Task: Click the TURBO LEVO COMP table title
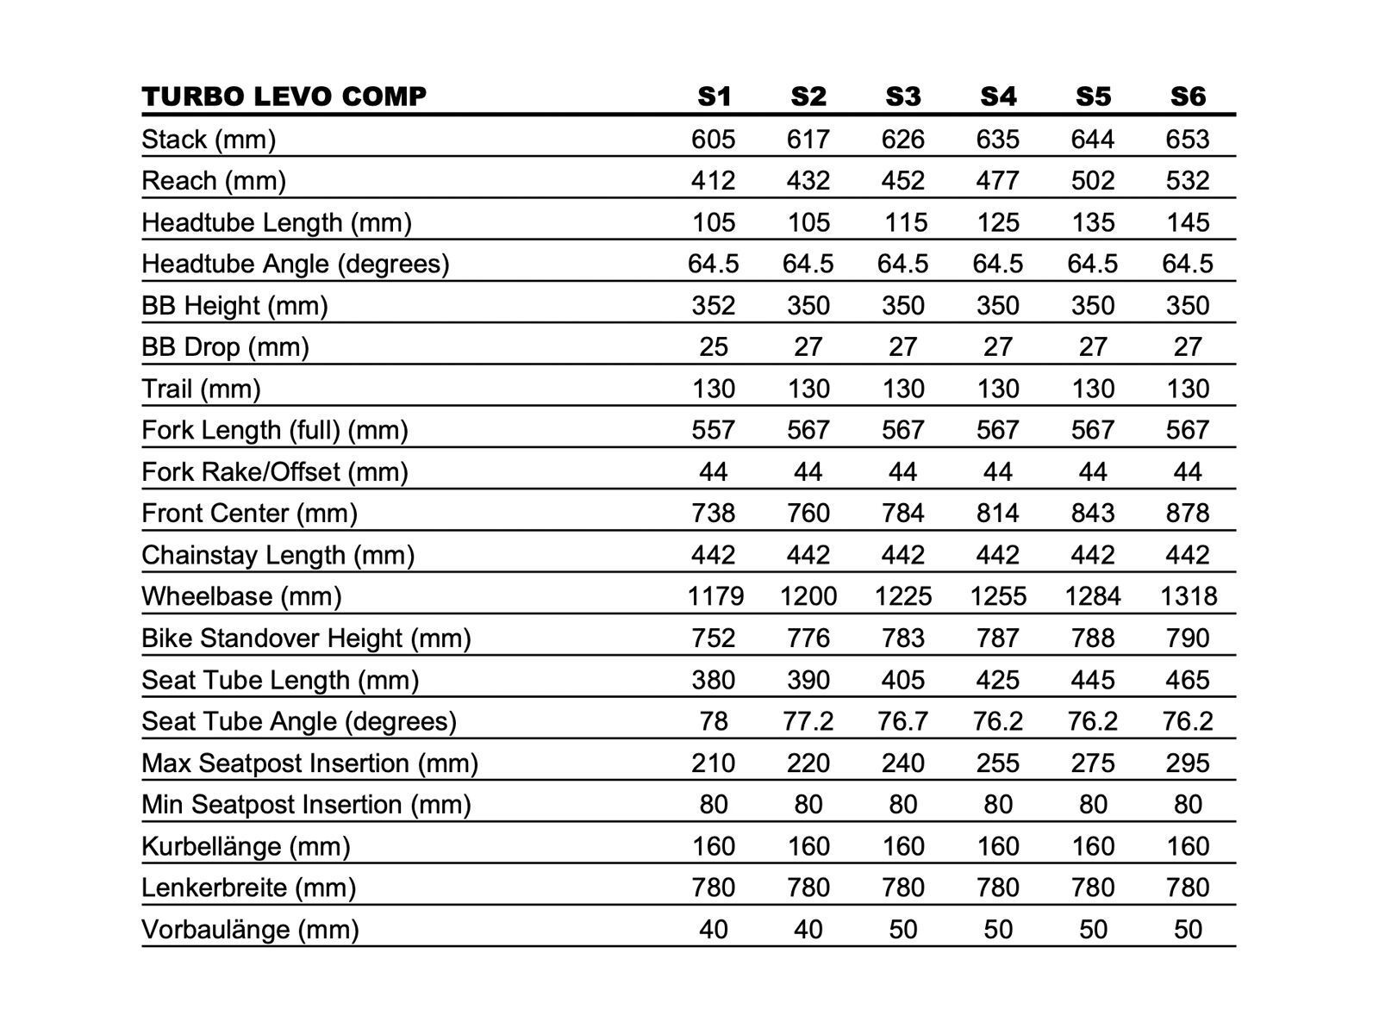point(284,97)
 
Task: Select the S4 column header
point(998,97)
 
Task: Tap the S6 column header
point(1188,97)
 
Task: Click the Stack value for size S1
point(714,139)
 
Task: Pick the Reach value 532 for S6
point(1188,180)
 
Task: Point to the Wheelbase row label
point(241,596)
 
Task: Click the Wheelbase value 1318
point(1188,596)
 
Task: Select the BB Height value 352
point(714,305)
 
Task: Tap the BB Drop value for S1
point(714,346)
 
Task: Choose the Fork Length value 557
point(714,430)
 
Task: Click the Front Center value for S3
point(903,514)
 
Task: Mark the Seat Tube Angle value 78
point(714,721)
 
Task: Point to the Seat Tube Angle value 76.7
point(903,721)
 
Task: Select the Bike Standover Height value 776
point(808,638)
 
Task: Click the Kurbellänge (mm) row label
point(246,846)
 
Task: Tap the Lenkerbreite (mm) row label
point(248,888)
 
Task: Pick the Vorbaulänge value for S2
point(808,930)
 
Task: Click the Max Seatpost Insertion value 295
point(1188,763)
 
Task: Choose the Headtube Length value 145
point(1188,222)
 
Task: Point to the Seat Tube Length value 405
point(903,680)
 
